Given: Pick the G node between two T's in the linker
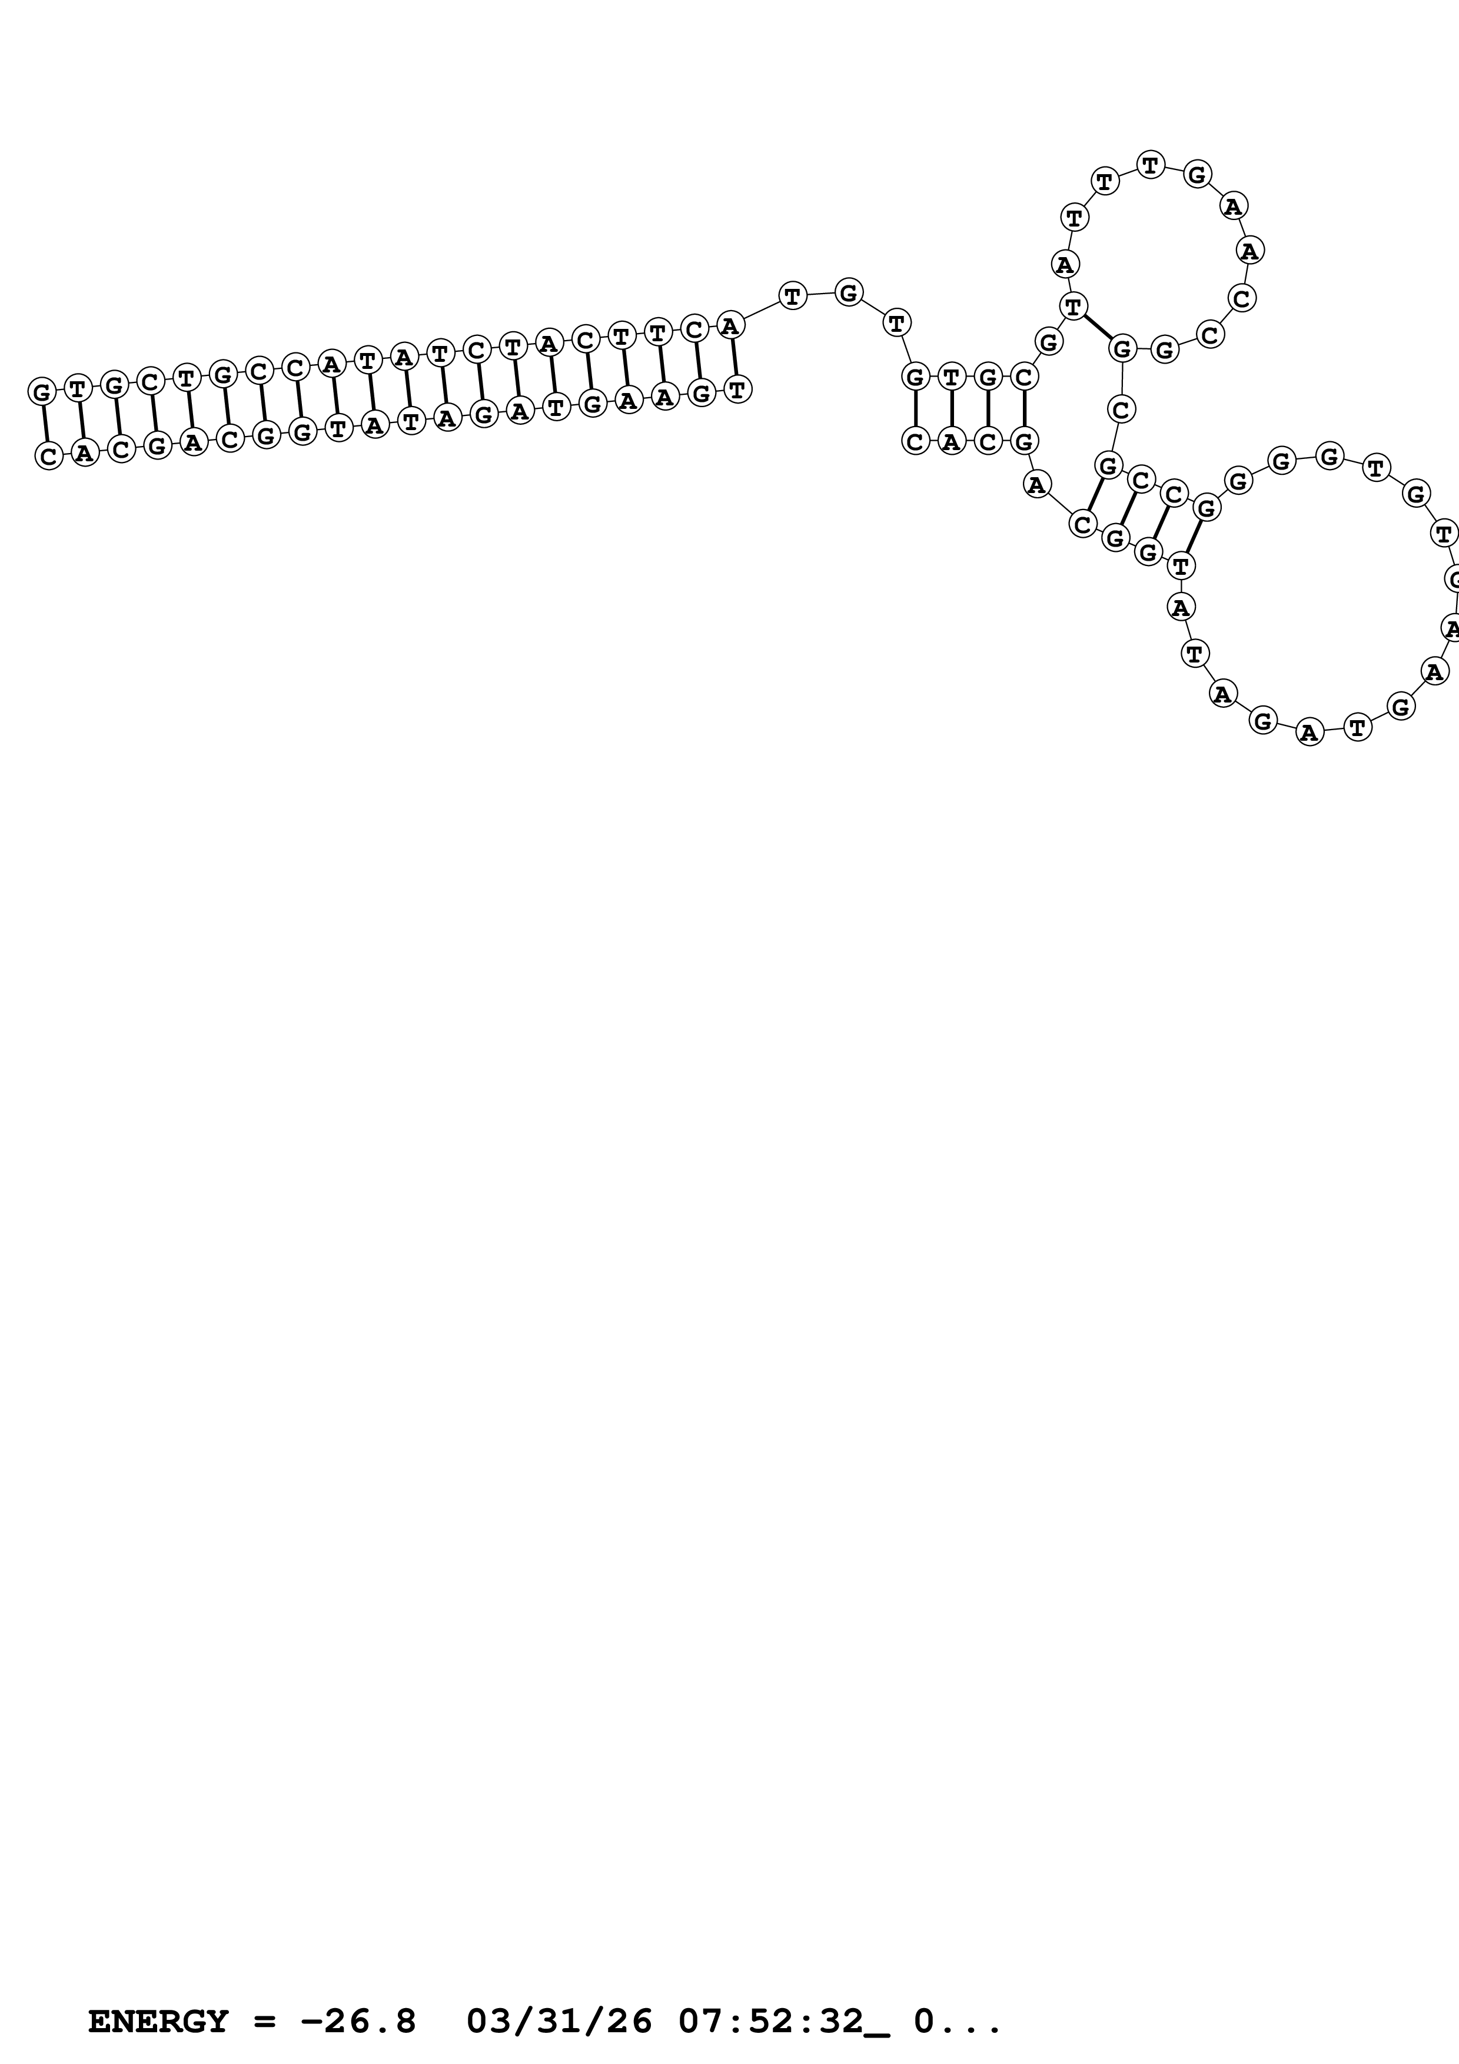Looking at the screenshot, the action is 849,292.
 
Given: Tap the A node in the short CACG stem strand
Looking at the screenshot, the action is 951,441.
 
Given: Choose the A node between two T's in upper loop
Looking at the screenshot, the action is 1064,264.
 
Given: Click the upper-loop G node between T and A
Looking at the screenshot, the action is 1197,174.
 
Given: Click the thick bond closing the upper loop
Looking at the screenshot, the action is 1098,327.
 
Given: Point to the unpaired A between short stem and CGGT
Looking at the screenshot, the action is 1036,485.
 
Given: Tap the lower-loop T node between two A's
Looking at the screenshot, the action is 1194,654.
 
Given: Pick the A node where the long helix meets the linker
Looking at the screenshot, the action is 730,325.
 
